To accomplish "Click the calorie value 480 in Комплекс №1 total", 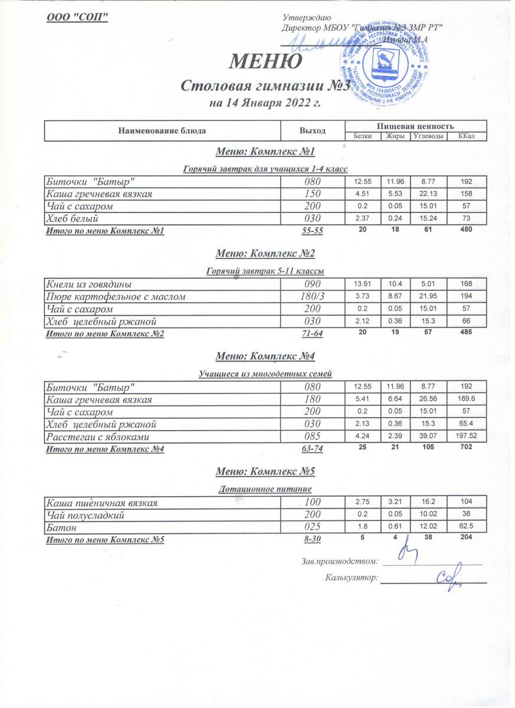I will [x=466, y=230].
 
